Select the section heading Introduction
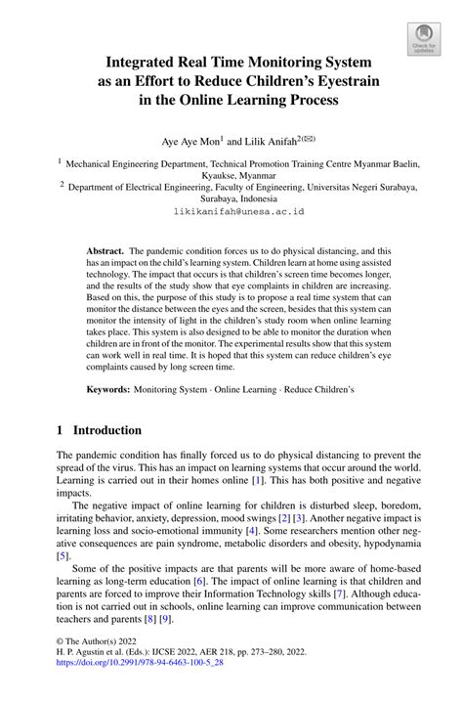click(107, 430)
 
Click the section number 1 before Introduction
click(60, 430)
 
